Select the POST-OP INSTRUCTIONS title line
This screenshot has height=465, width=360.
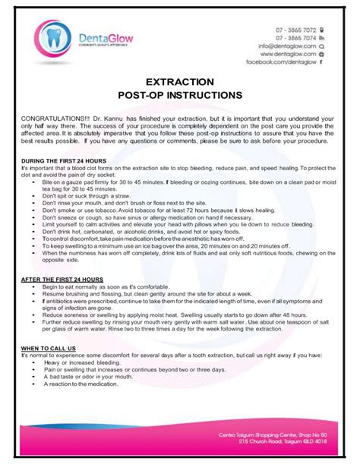pos(180,95)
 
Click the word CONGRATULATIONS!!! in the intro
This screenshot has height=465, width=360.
pos(58,119)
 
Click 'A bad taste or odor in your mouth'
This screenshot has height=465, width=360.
pos(98,376)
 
